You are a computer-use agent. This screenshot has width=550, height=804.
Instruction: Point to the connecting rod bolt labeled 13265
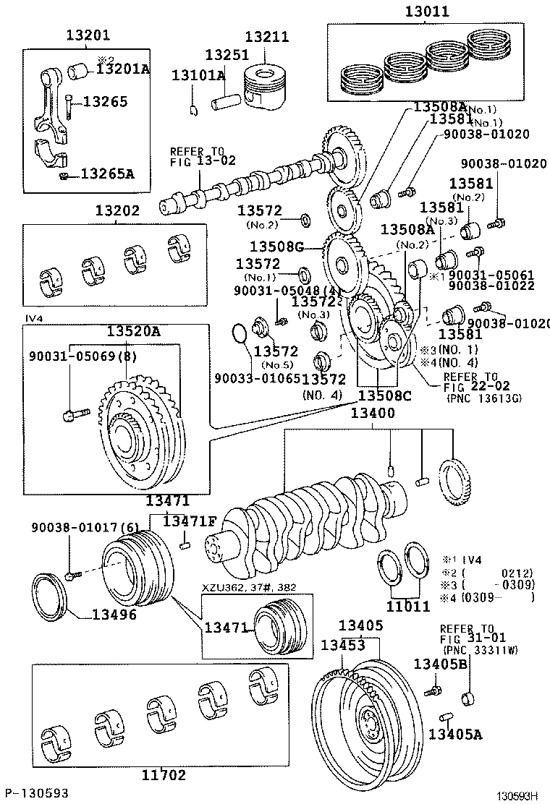(67, 106)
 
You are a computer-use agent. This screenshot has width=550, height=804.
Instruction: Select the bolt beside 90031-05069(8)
(75, 415)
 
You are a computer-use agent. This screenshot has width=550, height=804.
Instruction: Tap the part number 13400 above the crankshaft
(373, 413)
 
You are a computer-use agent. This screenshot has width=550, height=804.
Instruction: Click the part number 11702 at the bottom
(164, 776)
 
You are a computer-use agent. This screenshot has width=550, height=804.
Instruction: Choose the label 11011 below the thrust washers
(408, 607)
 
